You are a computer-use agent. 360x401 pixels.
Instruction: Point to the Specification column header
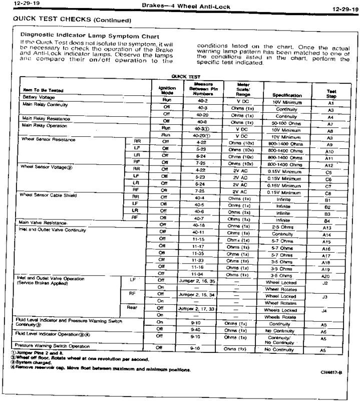pyautogui.click(x=287, y=95)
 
